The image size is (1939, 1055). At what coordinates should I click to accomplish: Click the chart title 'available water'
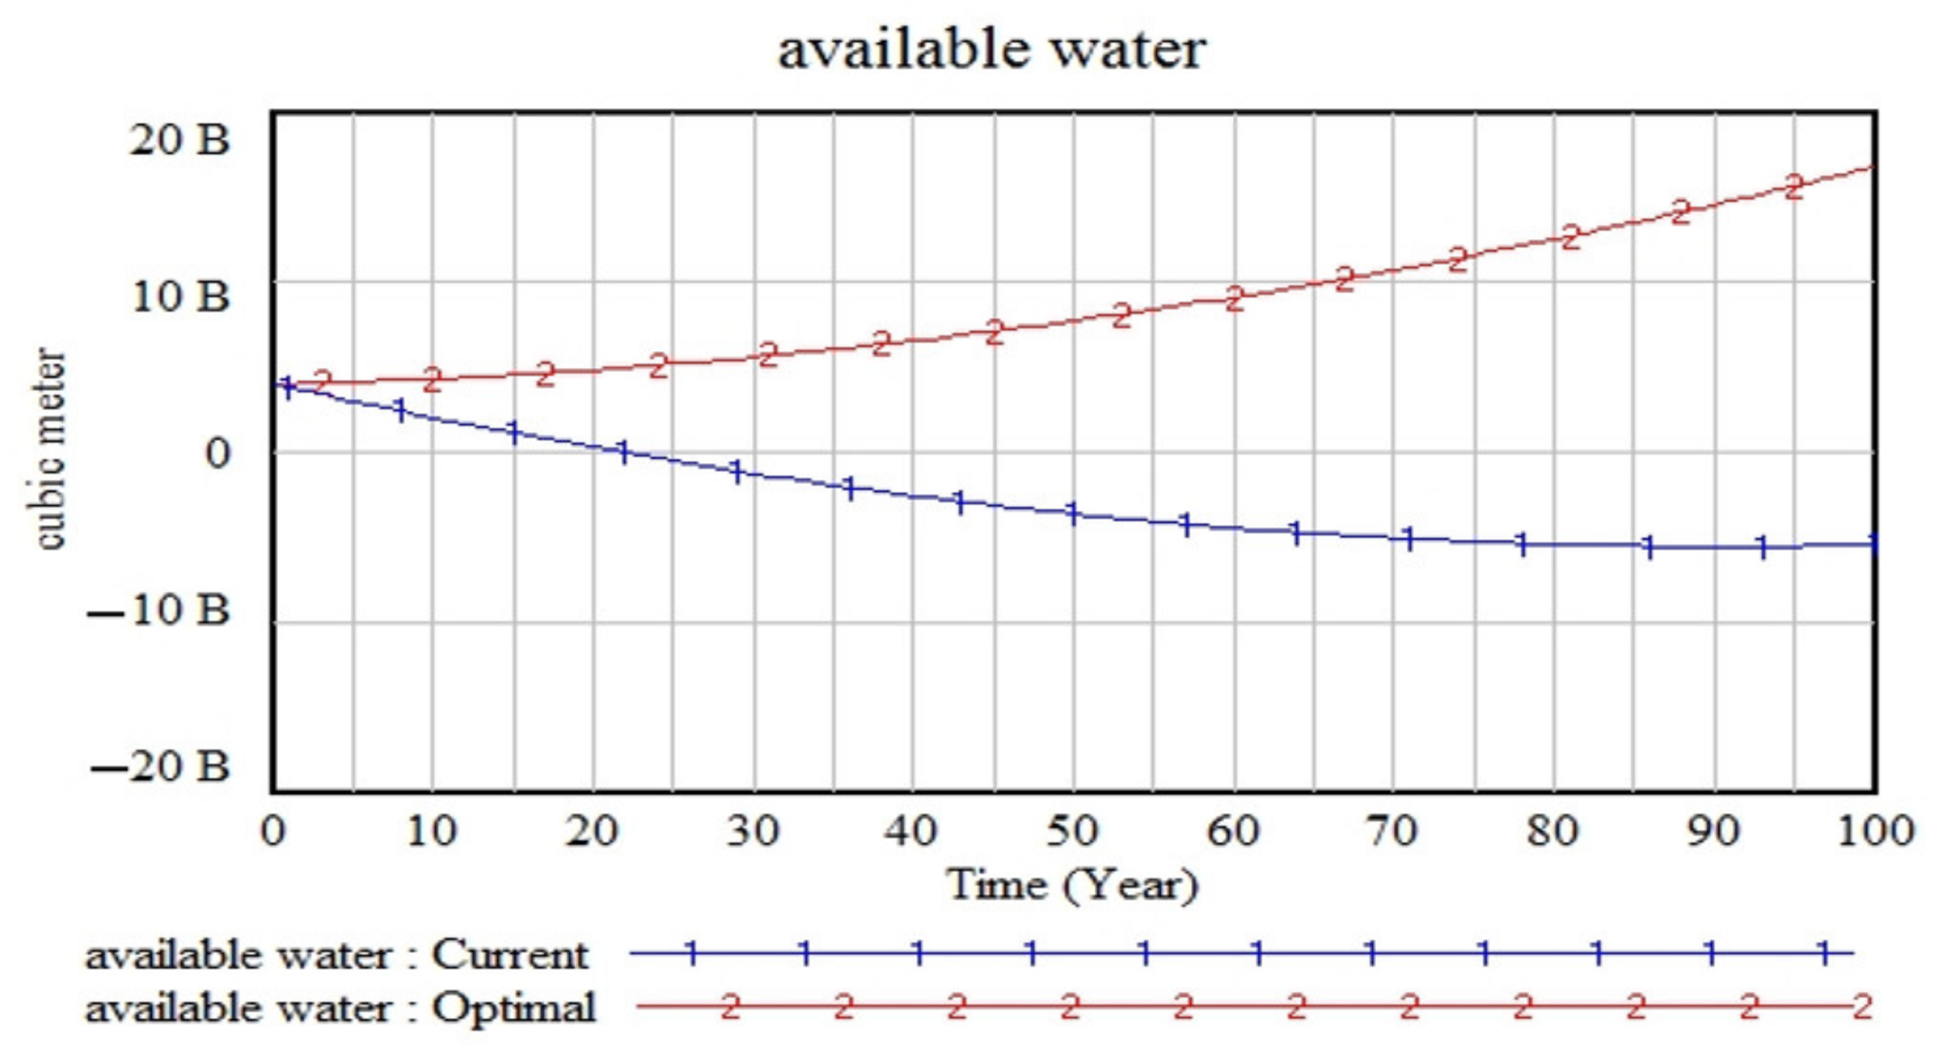pyautogui.click(x=991, y=50)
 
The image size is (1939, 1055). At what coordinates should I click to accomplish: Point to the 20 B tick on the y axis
pyautogui.click(x=179, y=139)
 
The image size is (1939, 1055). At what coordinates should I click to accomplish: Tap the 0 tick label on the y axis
pyautogui.click(x=217, y=454)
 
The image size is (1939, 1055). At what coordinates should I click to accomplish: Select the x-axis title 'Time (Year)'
pyautogui.click(x=1072, y=884)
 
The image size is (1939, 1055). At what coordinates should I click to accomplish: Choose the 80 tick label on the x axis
pyautogui.click(x=1552, y=831)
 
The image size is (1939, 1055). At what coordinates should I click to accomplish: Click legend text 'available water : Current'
pyautogui.click(x=336, y=956)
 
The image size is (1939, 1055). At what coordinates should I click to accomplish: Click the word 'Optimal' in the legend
pyautogui.click(x=513, y=1007)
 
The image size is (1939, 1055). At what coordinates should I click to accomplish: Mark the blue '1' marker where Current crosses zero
pyautogui.click(x=623, y=452)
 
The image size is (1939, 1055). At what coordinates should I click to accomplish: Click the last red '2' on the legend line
pyautogui.click(x=1862, y=1007)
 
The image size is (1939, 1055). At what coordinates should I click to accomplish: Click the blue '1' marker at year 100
pyautogui.click(x=1872, y=544)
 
